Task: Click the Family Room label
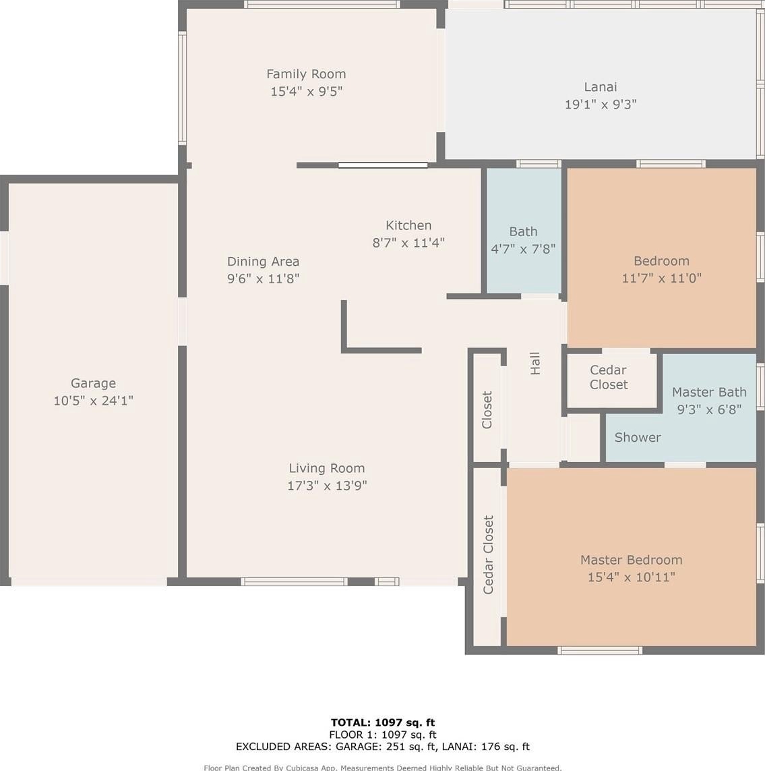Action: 306,74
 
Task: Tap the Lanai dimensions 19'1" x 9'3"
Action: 601,105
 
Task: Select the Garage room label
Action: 94,384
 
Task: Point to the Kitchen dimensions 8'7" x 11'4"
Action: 408,242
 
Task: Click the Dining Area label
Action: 263,262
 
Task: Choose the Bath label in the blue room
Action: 523,231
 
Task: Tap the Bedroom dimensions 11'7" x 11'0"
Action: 661,279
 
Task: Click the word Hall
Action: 535,364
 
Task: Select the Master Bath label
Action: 709,392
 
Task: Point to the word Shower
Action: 637,437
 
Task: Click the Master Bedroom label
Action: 632,560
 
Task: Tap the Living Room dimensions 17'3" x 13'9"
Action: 327,486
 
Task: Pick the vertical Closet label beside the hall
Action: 487,409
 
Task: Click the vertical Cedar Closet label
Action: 488,554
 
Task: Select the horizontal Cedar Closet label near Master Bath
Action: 608,377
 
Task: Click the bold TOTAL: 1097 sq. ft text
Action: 382,722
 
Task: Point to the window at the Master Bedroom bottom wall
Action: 599,650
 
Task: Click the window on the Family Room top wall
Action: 322,5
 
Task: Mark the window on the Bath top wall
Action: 539,164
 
